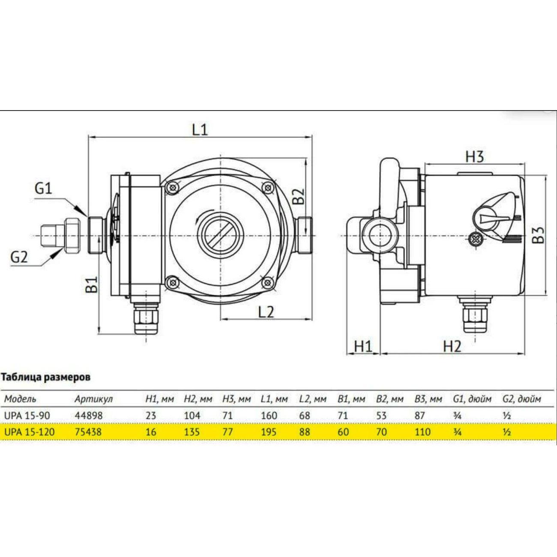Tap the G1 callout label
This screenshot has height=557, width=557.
(x=43, y=188)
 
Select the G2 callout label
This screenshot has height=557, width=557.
(x=19, y=257)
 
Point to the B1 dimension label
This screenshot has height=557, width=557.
(x=92, y=284)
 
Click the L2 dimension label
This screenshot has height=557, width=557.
(x=266, y=311)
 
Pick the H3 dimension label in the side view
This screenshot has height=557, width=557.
(x=474, y=156)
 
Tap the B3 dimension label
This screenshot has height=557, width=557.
(x=540, y=234)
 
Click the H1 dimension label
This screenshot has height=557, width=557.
(x=363, y=346)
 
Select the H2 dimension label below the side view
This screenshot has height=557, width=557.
(x=452, y=346)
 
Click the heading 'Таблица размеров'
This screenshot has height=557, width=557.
(x=46, y=377)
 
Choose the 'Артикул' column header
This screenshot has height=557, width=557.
(x=93, y=399)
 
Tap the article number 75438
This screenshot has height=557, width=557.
(x=88, y=432)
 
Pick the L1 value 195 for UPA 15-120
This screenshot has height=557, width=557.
(x=269, y=432)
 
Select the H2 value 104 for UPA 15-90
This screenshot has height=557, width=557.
(x=192, y=416)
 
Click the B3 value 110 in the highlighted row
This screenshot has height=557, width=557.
(x=422, y=432)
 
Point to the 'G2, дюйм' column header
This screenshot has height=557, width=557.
(x=521, y=399)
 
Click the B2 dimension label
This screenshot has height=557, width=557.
(x=298, y=197)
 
